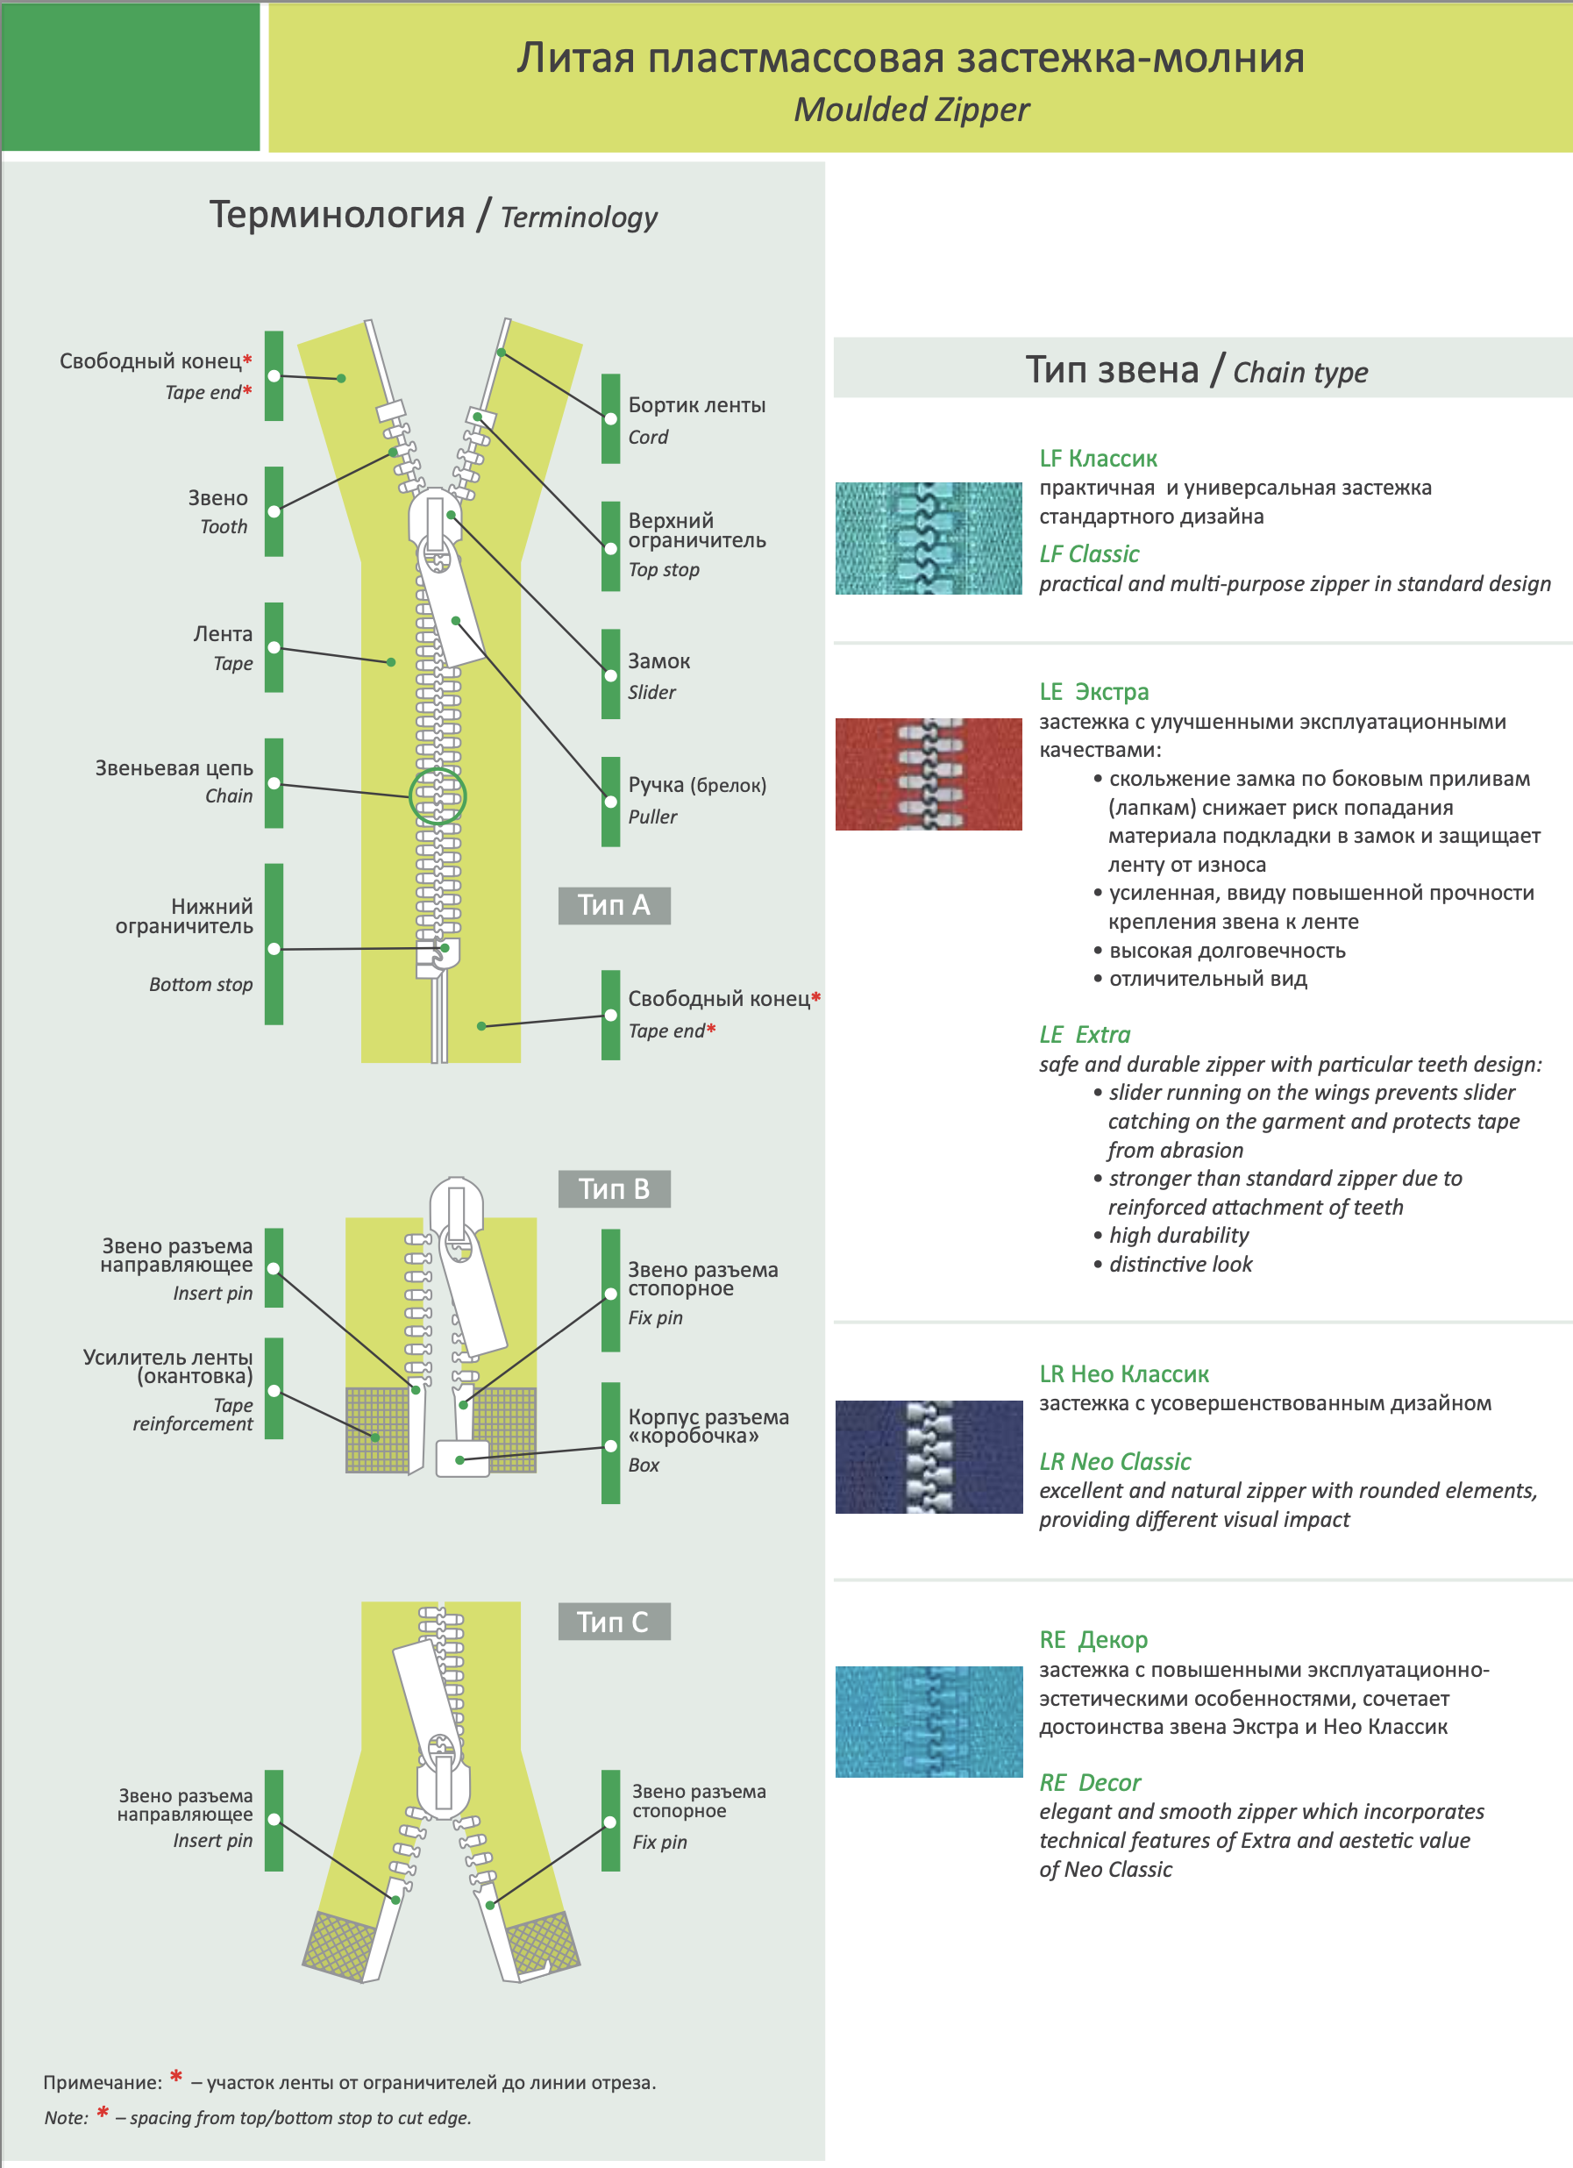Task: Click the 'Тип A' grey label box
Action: [x=614, y=904]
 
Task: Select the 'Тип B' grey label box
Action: [x=614, y=1188]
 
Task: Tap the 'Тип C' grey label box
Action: [x=614, y=1622]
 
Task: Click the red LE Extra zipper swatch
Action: [x=928, y=774]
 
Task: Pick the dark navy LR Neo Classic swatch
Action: [x=928, y=1457]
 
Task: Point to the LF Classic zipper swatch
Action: [x=928, y=538]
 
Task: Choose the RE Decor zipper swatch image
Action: [x=928, y=1722]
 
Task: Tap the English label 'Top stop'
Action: [x=663, y=570]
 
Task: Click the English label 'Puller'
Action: [x=651, y=817]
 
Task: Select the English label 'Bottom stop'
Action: [x=201, y=985]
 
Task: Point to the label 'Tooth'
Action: [x=224, y=527]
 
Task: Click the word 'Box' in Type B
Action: [x=644, y=1465]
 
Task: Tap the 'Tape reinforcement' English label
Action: [x=193, y=1415]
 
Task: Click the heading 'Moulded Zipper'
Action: [x=912, y=110]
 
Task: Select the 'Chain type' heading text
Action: [x=1299, y=372]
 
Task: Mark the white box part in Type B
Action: [x=463, y=1458]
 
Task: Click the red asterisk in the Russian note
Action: [x=176, y=2076]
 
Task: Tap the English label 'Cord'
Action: [x=648, y=437]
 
